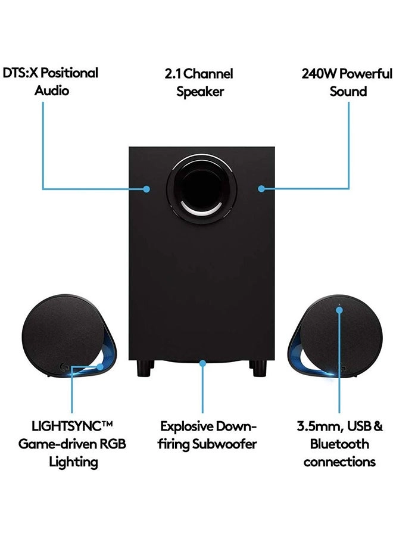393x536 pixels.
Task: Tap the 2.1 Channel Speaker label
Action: tap(199, 82)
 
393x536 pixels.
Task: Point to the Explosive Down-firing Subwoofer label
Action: tap(208, 435)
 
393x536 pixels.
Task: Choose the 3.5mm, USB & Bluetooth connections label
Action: tap(339, 444)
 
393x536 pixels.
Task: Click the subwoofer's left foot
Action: tap(143, 367)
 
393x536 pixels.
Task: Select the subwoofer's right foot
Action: tap(260, 367)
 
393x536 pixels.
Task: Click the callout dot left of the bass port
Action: tap(146, 189)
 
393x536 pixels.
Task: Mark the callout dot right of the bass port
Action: tap(260, 189)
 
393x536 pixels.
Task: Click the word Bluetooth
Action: tap(339, 444)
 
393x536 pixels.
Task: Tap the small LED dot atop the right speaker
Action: tap(339, 308)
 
